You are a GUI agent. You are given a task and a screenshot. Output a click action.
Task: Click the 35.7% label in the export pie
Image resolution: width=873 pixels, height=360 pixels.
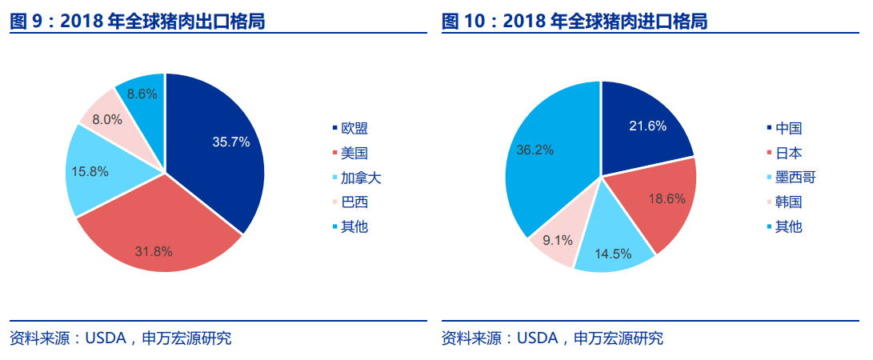click(231, 142)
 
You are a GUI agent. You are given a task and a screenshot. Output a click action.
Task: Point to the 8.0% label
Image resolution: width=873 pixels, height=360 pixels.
click(107, 119)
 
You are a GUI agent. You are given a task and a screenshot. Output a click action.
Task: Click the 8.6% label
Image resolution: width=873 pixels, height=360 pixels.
click(142, 94)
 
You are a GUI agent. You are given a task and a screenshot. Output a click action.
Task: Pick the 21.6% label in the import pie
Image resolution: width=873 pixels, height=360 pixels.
click(647, 126)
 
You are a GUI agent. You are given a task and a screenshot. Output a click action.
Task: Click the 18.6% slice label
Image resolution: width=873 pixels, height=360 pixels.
click(666, 198)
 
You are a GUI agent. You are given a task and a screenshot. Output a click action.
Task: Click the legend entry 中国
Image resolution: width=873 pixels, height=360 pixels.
click(788, 128)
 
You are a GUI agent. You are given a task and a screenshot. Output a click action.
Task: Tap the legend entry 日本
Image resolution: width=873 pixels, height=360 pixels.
click(788, 153)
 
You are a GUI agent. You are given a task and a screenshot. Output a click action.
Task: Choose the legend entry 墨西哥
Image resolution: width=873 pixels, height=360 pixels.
click(795, 177)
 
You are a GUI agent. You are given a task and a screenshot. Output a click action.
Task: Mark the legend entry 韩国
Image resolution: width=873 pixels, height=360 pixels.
click(788, 202)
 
